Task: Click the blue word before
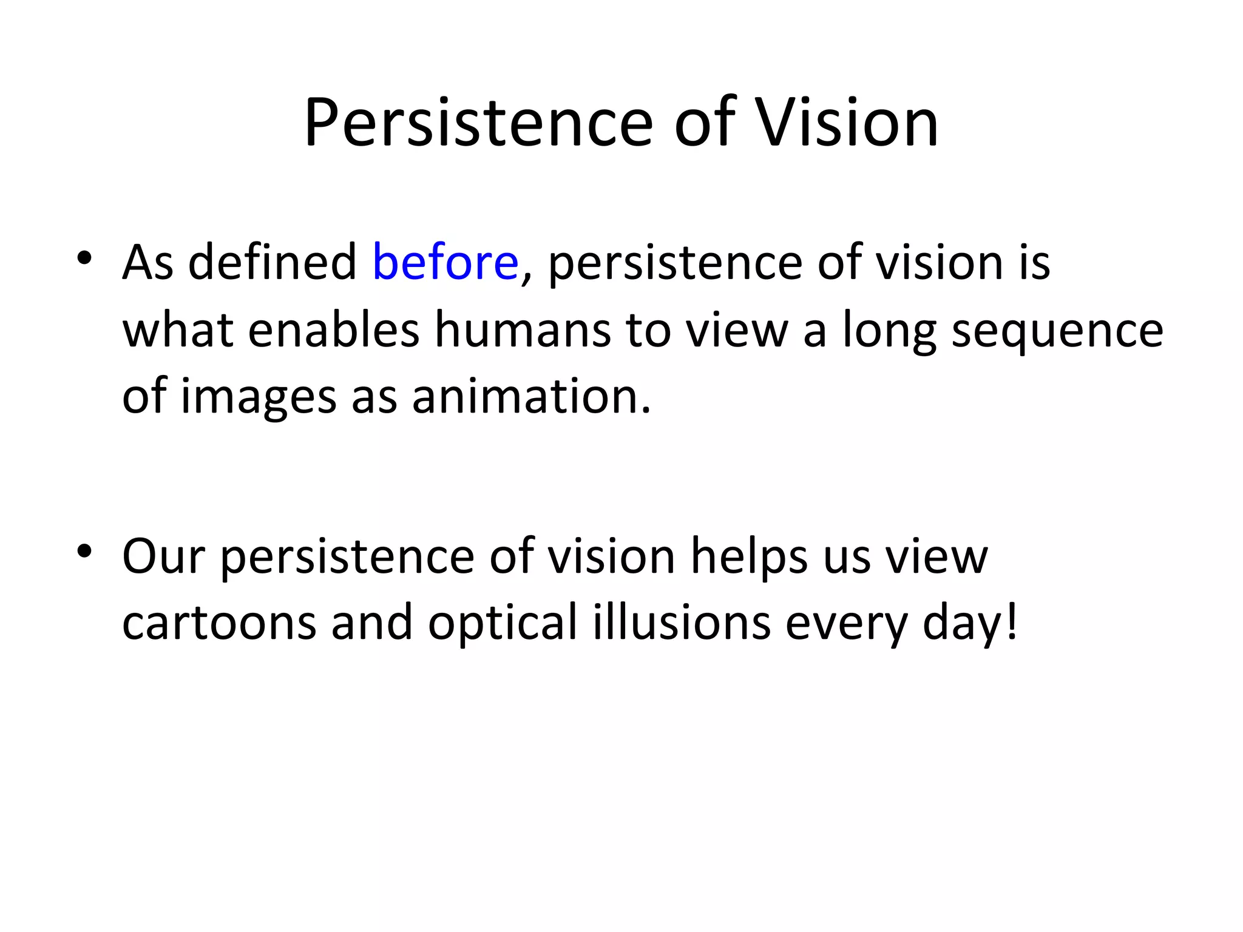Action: click(x=445, y=262)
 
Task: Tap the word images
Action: click(x=259, y=397)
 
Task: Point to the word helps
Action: click(x=749, y=556)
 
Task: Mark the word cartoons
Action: click(x=219, y=623)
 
